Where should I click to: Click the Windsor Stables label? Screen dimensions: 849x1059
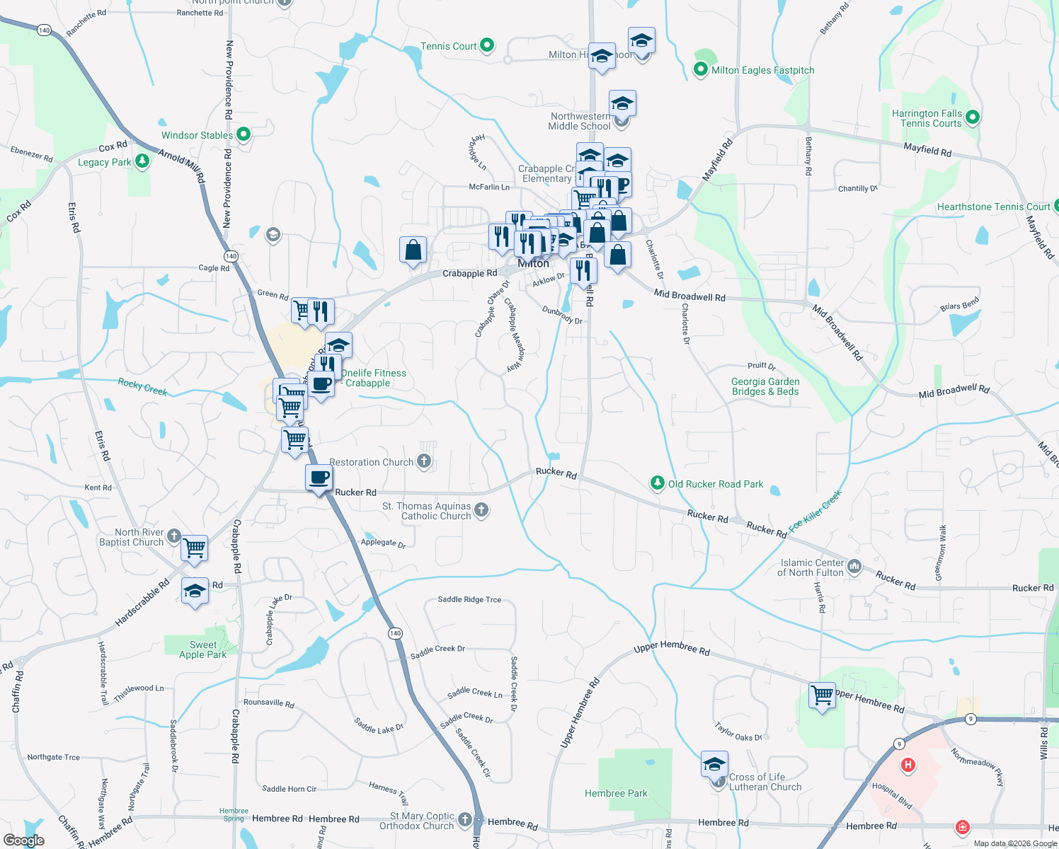pyautogui.click(x=197, y=135)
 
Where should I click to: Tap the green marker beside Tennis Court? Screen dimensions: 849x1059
pyautogui.click(x=487, y=45)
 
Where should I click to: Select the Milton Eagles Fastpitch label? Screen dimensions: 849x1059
pyautogui.click(x=762, y=70)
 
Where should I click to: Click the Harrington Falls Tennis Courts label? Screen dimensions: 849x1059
pyautogui.click(x=927, y=118)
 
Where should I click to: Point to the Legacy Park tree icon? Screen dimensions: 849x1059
pyautogui.click(x=142, y=161)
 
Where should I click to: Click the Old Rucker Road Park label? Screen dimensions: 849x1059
pyautogui.click(x=716, y=484)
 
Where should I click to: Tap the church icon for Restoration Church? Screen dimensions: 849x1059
pyautogui.click(x=424, y=461)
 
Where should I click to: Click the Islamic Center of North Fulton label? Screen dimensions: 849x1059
pyautogui.click(x=811, y=567)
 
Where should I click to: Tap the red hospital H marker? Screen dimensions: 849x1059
pyautogui.click(x=908, y=765)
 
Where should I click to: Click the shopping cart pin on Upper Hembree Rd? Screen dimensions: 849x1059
pyautogui.click(x=822, y=695)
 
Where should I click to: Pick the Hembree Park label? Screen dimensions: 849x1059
pyautogui.click(x=616, y=793)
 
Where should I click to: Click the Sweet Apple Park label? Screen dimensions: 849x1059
pyautogui.click(x=202, y=649)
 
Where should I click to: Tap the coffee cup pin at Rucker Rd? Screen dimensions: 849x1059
pyautogui.click(x=319, y=478)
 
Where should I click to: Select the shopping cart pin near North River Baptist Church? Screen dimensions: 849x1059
pyautogui.click(x=194, y=548)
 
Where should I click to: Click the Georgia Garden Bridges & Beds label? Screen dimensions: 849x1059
pyautogui.click(x=765, y=386)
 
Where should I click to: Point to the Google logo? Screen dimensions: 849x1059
pyautogui.click(x=24, y=840)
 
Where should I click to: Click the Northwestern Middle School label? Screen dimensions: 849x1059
pyautogui.click(x=579, y=121)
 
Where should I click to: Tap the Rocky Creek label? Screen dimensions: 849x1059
pyautogui.click(x=142, y=386)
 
